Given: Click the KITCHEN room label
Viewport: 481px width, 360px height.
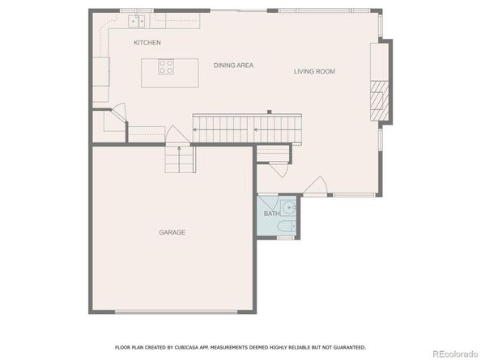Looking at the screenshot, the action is [x=147, y=43].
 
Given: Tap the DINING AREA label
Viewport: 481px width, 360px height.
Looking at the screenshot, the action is [x=233, y=66].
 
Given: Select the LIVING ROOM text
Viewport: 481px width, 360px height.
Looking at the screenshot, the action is [x=314, y=71].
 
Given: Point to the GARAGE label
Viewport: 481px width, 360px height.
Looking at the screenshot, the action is [x=172, y=232].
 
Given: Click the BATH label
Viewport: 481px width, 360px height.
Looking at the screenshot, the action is [x=271, y=214].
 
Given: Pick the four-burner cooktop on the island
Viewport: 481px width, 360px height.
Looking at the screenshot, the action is [x=166, y=67].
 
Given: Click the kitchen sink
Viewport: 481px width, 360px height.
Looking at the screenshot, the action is [x=137, y=21].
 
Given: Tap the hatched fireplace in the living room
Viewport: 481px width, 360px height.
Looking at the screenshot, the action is [x=379, y=100].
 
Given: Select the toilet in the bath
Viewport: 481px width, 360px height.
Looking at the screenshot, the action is [x=287, y=226].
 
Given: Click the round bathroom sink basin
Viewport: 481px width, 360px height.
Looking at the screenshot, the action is [x=288, y=208].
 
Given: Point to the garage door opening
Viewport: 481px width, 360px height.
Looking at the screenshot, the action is [x=176, y=312].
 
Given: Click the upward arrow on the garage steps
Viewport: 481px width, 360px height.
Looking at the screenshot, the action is [x=179, y=159].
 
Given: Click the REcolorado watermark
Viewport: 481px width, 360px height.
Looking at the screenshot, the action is [x=455, y=354].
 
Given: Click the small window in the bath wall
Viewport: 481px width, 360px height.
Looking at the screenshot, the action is [x=286, y=238].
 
